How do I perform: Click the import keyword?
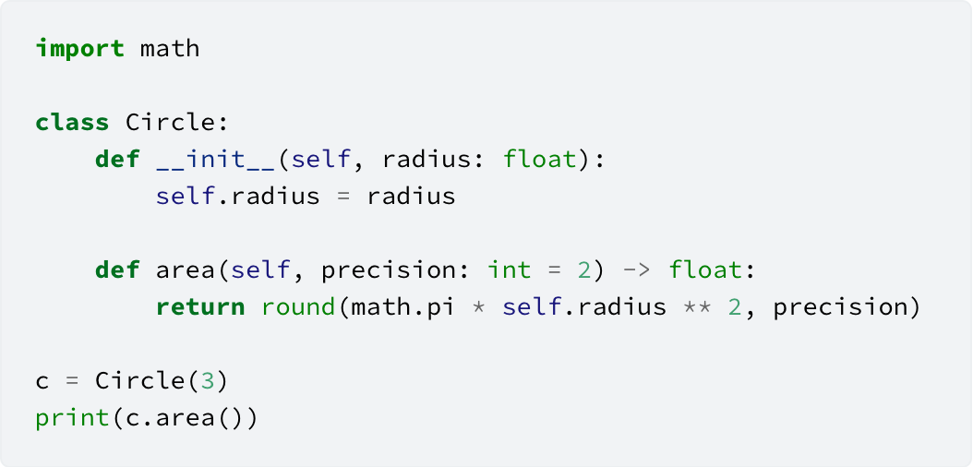click(80, 49)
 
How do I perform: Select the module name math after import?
click(170, 48)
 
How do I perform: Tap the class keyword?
click(73, 122)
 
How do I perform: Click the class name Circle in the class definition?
click(170, 122)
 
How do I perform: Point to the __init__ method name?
click(215, 160)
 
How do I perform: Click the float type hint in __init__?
click(539, 160)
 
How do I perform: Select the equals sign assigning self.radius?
click(343, 197)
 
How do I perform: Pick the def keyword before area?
click(117, 269)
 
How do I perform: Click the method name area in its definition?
click(186, 271)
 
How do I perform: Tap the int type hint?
click(511, 269)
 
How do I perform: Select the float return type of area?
click(705, 269)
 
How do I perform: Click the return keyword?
click(200, 307)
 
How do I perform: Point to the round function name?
click(299, 307)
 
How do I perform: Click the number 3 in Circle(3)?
click(208, 381)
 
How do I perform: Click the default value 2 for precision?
click(584, 270)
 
